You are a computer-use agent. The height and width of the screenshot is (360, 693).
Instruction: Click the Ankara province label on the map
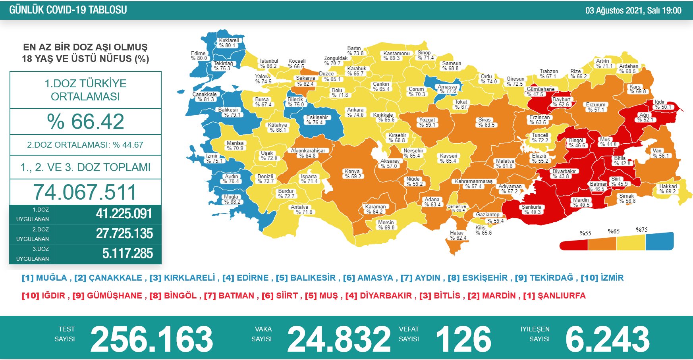355,112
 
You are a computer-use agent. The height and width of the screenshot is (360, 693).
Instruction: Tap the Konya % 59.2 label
353,174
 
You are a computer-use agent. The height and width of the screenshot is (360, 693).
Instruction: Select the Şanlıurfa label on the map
532,210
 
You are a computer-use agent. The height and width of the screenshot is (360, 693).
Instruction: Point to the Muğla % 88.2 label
232,199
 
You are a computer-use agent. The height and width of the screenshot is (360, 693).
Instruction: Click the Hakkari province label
668,189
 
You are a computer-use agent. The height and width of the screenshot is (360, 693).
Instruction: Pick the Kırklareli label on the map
229,43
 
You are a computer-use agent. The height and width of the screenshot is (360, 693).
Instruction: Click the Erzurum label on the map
596,107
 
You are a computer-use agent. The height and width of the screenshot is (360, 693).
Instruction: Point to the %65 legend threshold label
614,231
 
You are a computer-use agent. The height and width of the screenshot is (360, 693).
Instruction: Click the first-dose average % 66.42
85,121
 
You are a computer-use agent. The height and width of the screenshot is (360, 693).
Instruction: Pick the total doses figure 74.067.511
85,192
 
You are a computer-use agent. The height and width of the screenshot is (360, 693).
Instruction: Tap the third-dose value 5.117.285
127,253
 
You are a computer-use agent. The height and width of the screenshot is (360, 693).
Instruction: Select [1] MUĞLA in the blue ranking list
44,278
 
